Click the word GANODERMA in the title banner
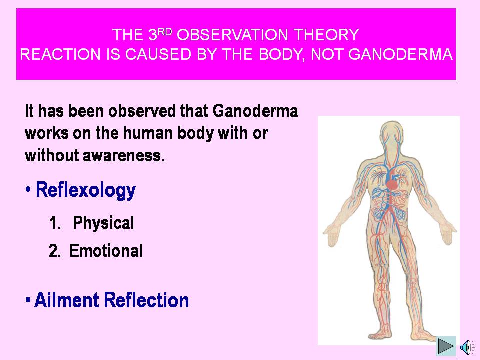[400, 54]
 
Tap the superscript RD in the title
[165, 32]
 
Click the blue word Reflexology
[86, 190]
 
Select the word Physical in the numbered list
[103, 223]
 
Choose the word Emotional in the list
[106, 251]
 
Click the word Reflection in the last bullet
[146, 300]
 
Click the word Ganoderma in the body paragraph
[255, 111]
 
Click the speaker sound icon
[467, 347]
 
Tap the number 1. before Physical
[55, 223]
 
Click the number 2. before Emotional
[55, 251]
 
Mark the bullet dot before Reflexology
[28, 189]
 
